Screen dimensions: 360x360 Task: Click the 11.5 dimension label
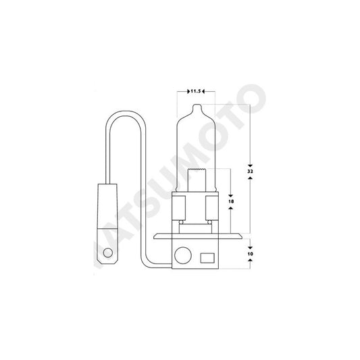point(195,89)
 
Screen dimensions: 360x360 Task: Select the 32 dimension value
point(251,173)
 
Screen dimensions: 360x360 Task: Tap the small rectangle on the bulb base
point(207,257)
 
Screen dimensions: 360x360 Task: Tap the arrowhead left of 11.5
point(184,89)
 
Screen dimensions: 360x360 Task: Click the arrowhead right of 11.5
point(205,89)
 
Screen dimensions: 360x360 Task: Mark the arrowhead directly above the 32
point(251,164)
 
